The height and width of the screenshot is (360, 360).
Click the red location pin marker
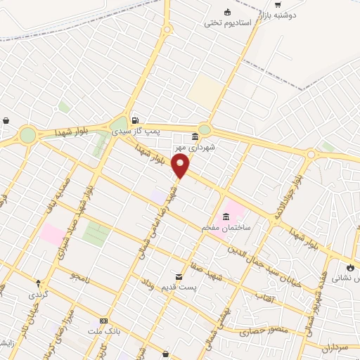pyautogui.click(x=181, y=167)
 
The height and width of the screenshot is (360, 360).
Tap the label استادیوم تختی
pyautogui.click(x=228, y=22)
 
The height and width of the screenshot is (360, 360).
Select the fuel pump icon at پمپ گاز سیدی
pyautogui.click(x=134, y=120)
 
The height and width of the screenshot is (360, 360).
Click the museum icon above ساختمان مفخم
pyautogui.click(x=226, y=217)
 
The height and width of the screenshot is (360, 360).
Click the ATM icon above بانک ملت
pyautogui.click(x=105, y=321)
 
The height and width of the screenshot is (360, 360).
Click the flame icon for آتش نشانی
pyautogui.click(x=351, y=267)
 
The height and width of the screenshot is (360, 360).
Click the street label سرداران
pyautogui.click(x=335, y=347)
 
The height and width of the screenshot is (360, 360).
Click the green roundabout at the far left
pyautogui.click(x=27, y=134)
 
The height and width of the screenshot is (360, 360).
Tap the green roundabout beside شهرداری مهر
pyautogui.click(x=204, y=129)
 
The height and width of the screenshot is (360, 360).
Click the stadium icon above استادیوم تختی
pyautogui.click(x=227, y=11)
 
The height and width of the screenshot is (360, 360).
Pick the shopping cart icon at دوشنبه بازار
pyautogui.click(x=278, y=5)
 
